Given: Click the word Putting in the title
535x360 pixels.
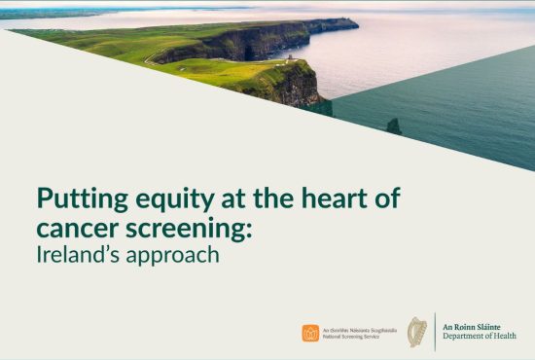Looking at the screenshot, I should pos(77,199).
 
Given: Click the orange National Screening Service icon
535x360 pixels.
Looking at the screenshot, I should pos(310,333).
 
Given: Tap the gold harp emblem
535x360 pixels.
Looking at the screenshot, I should pos(418,332).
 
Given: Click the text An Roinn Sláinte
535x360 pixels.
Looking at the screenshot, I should pos(475,326).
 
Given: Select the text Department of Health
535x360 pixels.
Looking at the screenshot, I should pos(479,337).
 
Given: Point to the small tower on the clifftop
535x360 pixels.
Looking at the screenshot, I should pos(287,57).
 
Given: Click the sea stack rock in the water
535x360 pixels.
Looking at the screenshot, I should pos(393,126).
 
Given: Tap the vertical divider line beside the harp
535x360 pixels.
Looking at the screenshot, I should pos(434,332).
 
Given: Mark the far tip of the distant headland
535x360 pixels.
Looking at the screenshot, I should pos(356,20).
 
